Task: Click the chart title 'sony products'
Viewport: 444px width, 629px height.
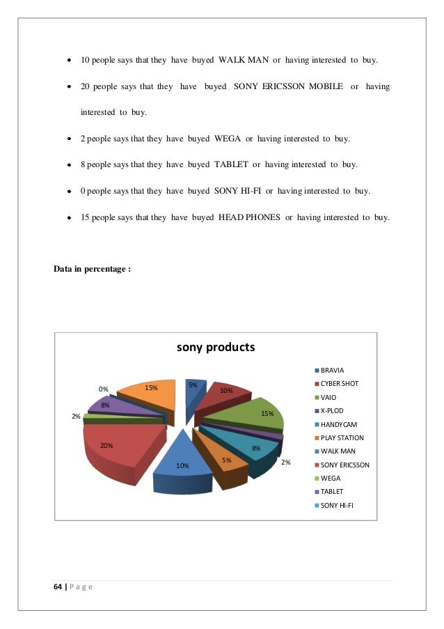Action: click(216, 347)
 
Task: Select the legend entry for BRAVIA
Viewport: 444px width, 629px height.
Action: click(332, 370)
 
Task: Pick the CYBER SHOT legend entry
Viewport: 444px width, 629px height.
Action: click(339, 384)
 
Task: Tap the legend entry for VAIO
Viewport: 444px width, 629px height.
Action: click(329, 397)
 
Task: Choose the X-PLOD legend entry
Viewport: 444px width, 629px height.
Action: click(332, 410)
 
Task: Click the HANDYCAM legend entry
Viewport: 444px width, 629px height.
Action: click(338, 424)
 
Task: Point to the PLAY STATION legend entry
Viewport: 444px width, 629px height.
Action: click(342, 437)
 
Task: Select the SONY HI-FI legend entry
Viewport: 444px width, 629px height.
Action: click(336, 505)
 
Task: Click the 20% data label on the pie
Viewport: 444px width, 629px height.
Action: click(106, 445)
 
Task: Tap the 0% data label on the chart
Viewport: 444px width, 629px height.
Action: click(103, 389)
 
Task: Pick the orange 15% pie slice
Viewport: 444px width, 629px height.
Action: click(150, 397)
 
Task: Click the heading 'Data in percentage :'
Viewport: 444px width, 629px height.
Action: click(93, 269)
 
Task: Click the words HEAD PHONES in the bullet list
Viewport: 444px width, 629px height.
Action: click(249, 217)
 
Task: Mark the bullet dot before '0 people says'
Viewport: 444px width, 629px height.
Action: click(70, 191)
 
